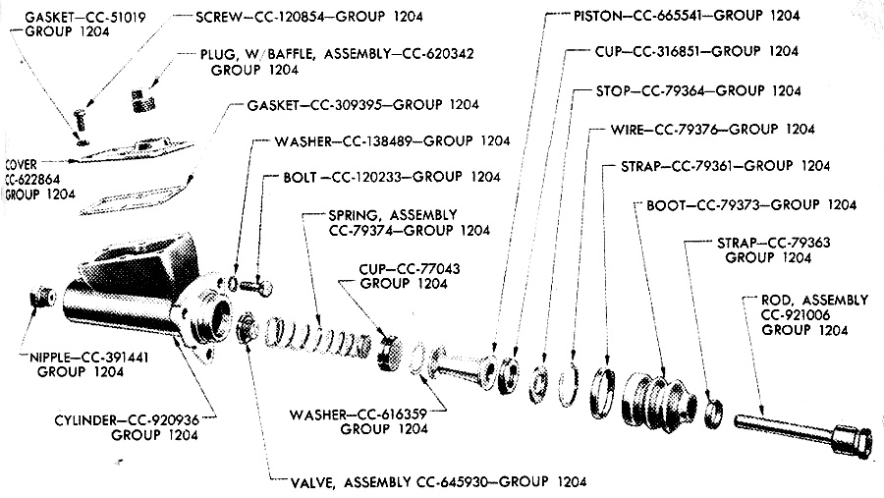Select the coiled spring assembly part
click(318, 339)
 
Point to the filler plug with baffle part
click(143, 100)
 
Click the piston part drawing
click(463, 368)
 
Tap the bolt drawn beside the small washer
click(256, 286)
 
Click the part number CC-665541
click(671, 16)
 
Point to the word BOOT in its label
click(666, 205)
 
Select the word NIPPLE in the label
click(51, 358)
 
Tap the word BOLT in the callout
click(301, 178)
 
